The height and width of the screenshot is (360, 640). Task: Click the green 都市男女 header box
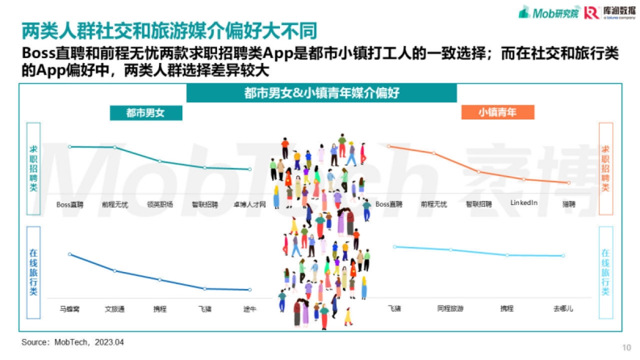point(146,113)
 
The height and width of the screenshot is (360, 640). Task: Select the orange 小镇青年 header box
point(497,113)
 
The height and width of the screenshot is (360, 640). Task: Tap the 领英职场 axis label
point(160,204)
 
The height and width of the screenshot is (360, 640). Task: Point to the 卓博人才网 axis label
point(250,204)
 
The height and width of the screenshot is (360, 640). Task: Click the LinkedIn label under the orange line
point(524,203)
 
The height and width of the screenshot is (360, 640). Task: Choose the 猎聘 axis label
point(569,204)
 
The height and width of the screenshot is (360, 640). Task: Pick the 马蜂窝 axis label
point(70,309)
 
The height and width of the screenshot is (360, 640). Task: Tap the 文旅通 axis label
point(115,309)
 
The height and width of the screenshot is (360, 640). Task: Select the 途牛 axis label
point(250,309)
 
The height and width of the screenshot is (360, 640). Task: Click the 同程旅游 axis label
point(450,309)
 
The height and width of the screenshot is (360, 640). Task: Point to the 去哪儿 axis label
point(563,309)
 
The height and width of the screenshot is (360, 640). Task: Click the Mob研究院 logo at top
point(549,13)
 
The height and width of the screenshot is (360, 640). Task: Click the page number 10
point(627,348)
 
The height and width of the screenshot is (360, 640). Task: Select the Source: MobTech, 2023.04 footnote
point(73,342)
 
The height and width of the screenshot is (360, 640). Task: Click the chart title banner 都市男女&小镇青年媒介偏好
point(322,93)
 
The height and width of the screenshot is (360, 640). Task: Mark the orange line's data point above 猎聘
point(569,183)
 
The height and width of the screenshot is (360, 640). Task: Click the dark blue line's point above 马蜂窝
point(70,254)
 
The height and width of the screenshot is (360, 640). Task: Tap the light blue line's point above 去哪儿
point(563,256)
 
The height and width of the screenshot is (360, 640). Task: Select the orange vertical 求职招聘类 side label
point(605,169)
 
